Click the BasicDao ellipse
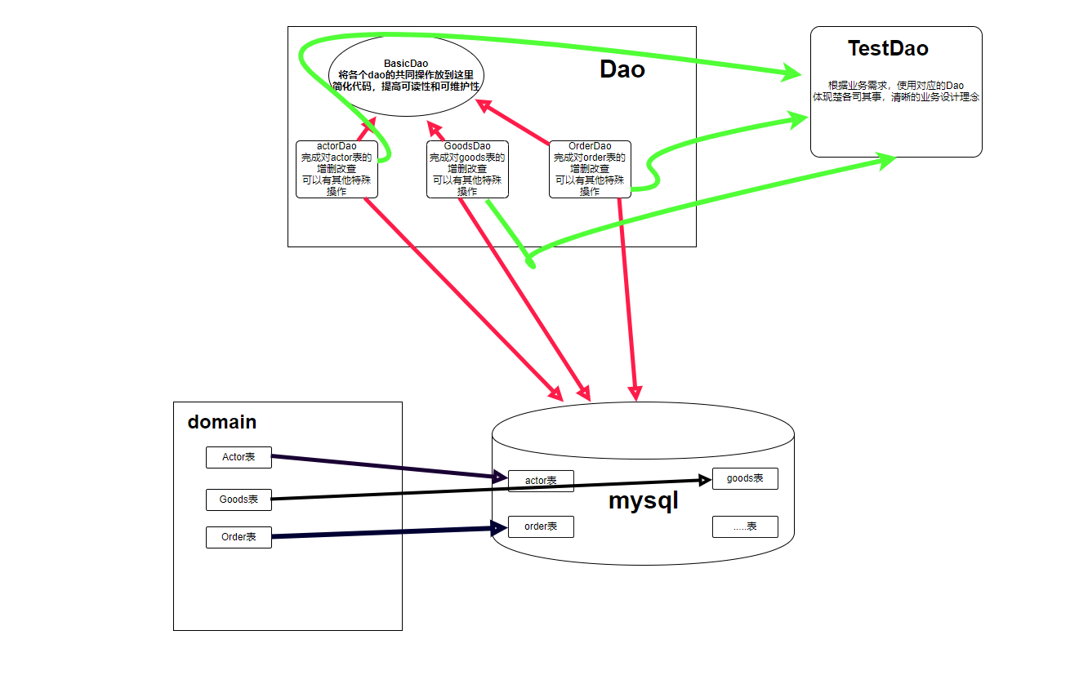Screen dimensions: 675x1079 point(406,75)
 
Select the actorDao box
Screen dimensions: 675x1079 point(337,169)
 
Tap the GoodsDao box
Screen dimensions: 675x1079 point(467,169)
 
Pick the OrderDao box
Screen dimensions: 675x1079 point(590,169)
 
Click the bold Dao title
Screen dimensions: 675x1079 point(622,69)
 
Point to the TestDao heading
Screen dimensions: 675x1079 point(888,48)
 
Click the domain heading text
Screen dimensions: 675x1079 point(222,422)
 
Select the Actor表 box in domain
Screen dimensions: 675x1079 point(239,457)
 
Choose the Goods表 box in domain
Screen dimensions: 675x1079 point(239,499)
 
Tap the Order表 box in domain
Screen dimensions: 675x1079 point(239,537)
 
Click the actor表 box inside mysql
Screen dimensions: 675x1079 point(541,481)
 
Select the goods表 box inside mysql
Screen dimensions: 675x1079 point(745,478)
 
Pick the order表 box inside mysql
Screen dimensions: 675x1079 point(541,526)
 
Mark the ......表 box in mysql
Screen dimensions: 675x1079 point(745,526)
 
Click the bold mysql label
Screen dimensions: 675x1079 point(644,501)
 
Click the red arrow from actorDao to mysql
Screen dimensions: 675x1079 point(457,294)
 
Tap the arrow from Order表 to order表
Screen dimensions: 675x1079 point(384,532)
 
